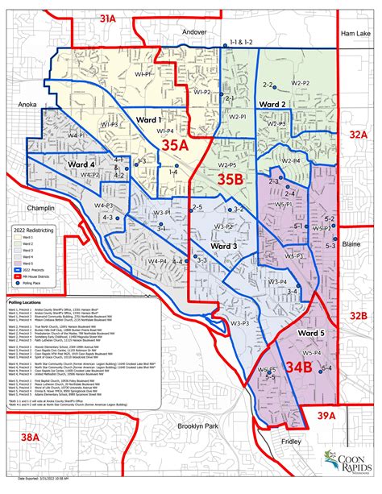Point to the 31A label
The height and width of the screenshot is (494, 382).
pyautogui.click(x=129, y=16)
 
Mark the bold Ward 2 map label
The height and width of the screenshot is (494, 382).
pyautogui.click(x=272, y=105)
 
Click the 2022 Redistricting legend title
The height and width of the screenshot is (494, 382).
pyautogui.click(x=28, y=231)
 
